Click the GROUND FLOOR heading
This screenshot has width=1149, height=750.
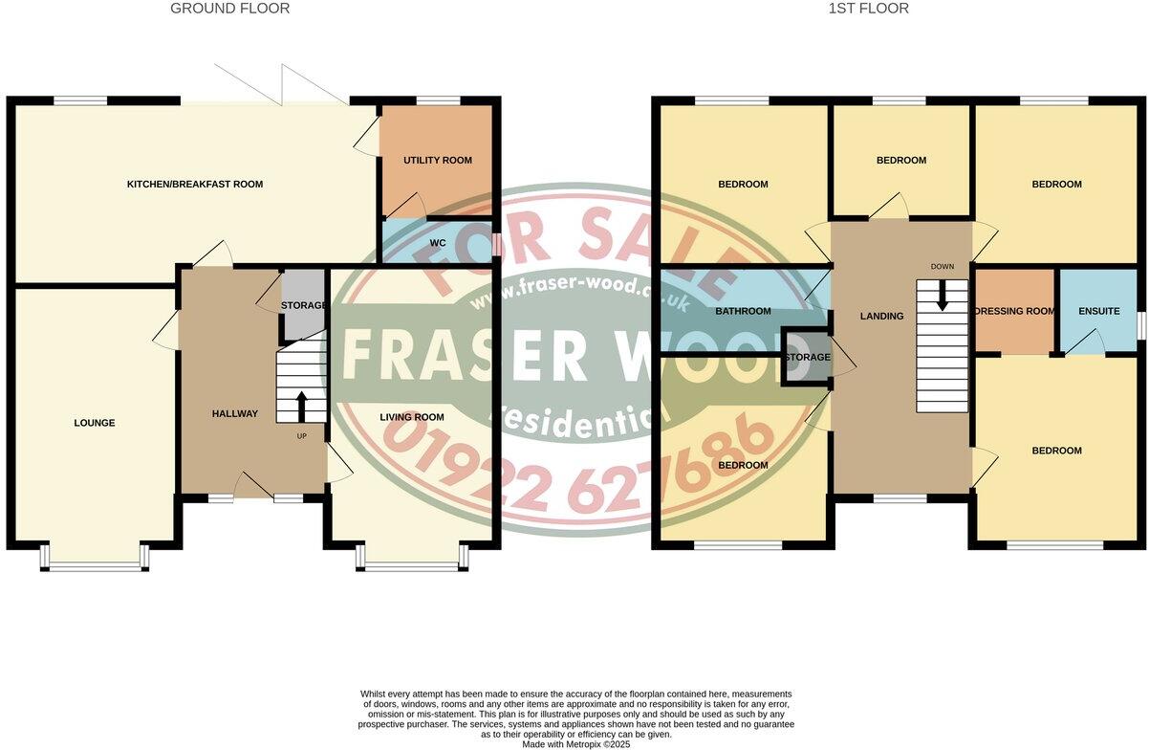[x=229, y=9]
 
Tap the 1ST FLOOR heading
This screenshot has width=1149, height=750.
[x=868, y=9]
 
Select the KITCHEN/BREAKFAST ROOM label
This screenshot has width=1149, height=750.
[x=195, y=184]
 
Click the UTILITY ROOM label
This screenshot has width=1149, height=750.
[x=438, y=160]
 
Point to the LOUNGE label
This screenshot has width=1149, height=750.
[x=94, y=423]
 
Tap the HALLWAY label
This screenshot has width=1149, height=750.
[x=234, y=414]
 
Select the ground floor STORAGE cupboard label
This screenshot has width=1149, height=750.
[x=303, y=306]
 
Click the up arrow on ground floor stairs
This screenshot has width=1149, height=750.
[x=302, y=406]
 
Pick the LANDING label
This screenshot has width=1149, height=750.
[x=881, y=316]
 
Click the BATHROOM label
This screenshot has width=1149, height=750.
[x=744, y=311]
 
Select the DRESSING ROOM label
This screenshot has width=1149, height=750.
[x=1013, y=311]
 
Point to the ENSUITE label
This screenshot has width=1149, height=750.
[x=1098, y=311]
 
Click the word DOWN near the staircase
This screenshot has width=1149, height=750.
[x=943, y=265]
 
